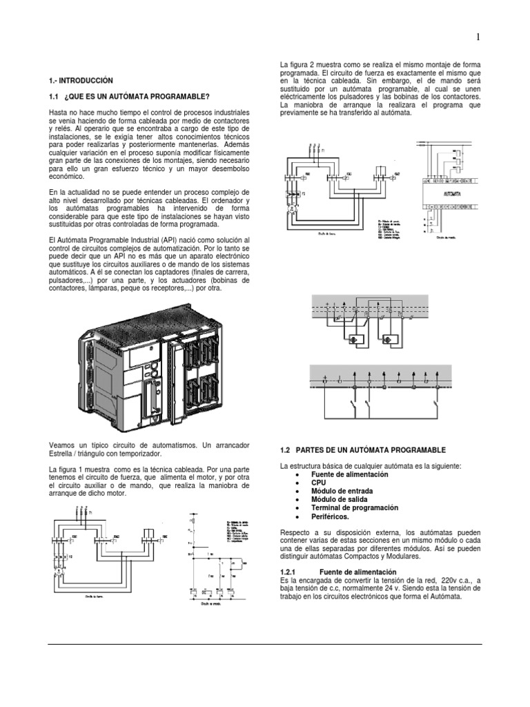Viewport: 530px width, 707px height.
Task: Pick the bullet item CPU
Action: tap(320, 483)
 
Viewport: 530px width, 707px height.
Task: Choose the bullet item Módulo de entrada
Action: tap(343, 491)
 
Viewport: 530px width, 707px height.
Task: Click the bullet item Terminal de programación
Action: tap(355, 507)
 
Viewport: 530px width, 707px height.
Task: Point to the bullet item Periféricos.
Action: tap(330, 516)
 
